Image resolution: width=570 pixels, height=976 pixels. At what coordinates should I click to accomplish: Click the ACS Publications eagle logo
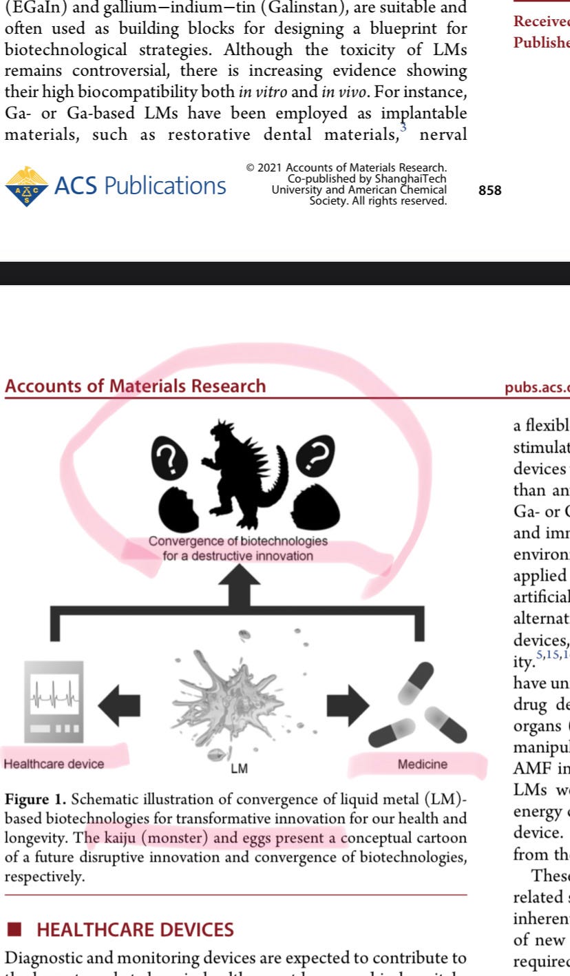(27, 186)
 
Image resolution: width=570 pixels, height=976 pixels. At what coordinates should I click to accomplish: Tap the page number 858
(490, 191)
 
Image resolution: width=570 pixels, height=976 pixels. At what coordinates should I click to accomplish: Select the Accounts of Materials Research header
(135, 386)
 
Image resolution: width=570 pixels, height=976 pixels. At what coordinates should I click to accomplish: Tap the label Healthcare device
(54, 764)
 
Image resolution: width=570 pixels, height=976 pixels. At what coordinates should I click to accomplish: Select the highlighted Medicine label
(422, 765)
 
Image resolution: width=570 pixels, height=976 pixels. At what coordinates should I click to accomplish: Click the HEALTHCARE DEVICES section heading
(135, 930)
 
